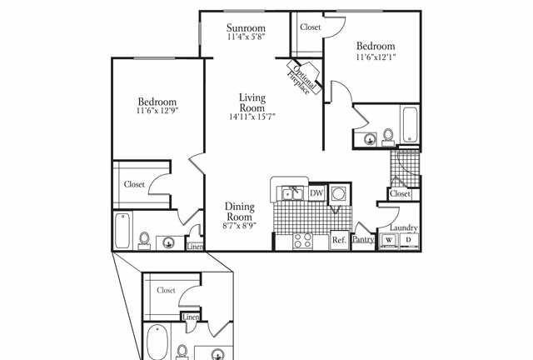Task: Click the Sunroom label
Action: coord(246,27)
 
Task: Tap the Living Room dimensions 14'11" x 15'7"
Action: coord(252,117)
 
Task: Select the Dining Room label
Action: coord(239,212)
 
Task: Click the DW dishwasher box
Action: coord(316,193)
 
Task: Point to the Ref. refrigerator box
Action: coord(339,240)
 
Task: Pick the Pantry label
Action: coord(363,239)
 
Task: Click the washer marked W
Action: coord(389,241)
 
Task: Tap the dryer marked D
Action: coord(409,241)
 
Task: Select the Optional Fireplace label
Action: coord(302,78)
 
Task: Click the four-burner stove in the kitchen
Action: coord(302,241)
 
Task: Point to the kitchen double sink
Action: coord(292,194)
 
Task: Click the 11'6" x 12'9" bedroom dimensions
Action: coord(157,111)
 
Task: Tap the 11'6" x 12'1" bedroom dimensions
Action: coord(376,57)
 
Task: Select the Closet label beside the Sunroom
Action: coord(311,27)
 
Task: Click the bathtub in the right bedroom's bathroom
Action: coord(410,124)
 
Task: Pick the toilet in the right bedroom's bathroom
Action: coord(388,137)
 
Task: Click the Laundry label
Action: coord(403,228)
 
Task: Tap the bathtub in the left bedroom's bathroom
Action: coord(122,230)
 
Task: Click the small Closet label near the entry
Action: coord(400,194)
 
